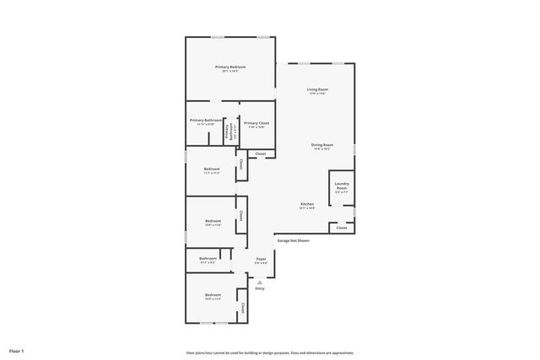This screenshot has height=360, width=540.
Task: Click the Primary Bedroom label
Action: [x=229, y=68]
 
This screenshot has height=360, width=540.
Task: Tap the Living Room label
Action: [x=317, y=90]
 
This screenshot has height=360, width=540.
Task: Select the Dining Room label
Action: [x=321, y=147]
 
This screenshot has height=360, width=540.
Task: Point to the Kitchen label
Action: [x=307, y=205]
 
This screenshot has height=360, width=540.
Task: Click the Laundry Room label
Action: [x=341, y=187]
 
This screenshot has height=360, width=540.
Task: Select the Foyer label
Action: [x=262, y=261]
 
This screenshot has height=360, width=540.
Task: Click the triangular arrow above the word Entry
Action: [x=260, y=282]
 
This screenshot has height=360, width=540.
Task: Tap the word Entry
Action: [x=260, y=289]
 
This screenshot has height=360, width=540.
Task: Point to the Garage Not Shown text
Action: [x=293, y=240]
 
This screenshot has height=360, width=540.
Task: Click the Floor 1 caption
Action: [x=17, y=350]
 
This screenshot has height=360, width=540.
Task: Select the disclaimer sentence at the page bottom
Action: [x=270, y=352]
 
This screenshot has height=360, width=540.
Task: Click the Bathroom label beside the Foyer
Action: [x=208, y=260]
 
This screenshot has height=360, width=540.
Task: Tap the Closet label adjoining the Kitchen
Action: [x=341, y=228]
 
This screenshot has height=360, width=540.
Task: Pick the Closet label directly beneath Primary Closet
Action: [x=261, y=153]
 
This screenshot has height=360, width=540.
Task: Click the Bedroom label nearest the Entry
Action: [x=212, y=297]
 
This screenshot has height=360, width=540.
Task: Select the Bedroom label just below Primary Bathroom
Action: [x=212, y=170]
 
